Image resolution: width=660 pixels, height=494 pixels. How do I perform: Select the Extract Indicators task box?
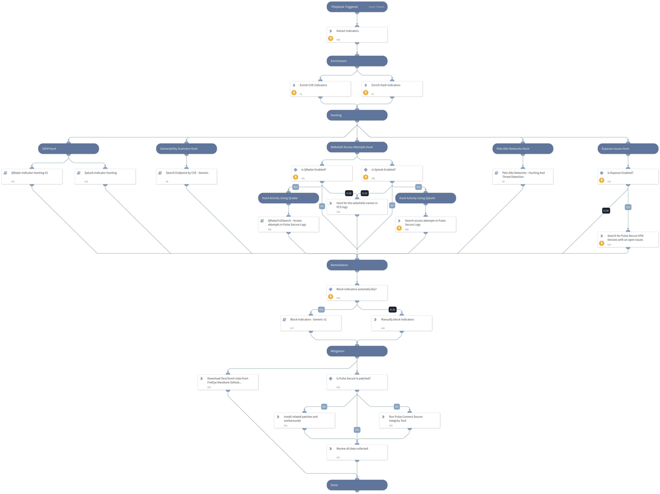coord(357,35)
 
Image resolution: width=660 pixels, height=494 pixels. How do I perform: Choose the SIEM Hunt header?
coord(68,149)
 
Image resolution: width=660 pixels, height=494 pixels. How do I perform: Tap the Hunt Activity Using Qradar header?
coord(288,198)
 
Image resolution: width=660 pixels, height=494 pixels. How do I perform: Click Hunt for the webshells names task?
coord(357,207)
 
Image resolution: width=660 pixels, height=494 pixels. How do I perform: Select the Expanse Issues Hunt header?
coord(628,149)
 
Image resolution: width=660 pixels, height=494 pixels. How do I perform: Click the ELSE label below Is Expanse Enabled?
coord(606,211)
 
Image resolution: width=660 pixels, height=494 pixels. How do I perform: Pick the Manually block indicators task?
coord(402,323)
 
